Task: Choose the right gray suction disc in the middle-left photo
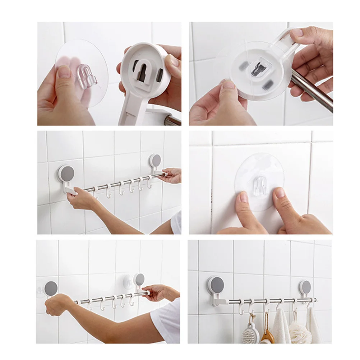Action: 155,160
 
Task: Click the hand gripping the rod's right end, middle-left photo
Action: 170,176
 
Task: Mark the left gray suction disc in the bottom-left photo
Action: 51,287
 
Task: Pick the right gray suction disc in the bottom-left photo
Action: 139,279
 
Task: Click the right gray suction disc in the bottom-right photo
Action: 306,287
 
